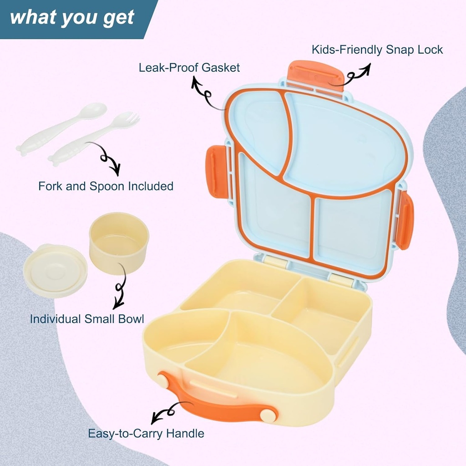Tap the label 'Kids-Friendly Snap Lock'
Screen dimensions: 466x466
pos(377,50)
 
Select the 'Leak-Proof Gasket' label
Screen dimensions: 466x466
pos(189,68)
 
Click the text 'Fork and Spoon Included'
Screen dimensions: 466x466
pos(106,186)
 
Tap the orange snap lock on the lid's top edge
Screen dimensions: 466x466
pos(315,74)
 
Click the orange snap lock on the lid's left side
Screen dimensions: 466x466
pos(217,172)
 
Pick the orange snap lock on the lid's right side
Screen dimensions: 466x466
pos(404,220)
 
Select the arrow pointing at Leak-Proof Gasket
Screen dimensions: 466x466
pos(206,94)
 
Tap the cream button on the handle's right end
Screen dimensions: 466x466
pos(268,415)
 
